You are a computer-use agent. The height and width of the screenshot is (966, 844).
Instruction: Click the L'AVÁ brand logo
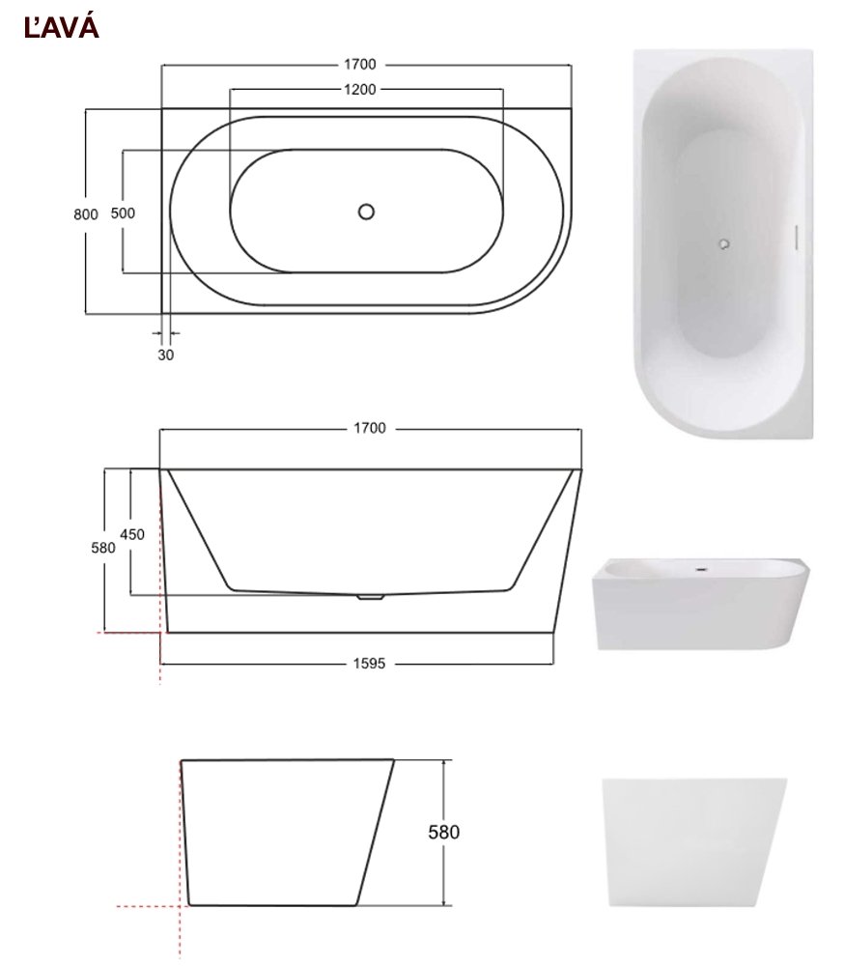61,28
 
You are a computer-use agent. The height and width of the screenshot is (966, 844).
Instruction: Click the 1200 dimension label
360,89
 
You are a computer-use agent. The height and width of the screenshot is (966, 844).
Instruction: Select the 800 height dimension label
86,214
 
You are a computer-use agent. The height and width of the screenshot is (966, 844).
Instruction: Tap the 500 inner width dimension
123,213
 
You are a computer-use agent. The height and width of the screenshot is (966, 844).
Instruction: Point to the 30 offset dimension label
166,355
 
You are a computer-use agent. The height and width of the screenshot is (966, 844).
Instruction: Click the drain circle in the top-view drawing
366,212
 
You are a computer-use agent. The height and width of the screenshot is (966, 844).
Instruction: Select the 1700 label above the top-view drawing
360,64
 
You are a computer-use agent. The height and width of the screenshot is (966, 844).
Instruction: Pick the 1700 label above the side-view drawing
370,428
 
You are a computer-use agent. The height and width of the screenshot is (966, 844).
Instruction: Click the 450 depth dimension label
132,535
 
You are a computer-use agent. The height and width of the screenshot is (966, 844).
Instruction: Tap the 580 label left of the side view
103,548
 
